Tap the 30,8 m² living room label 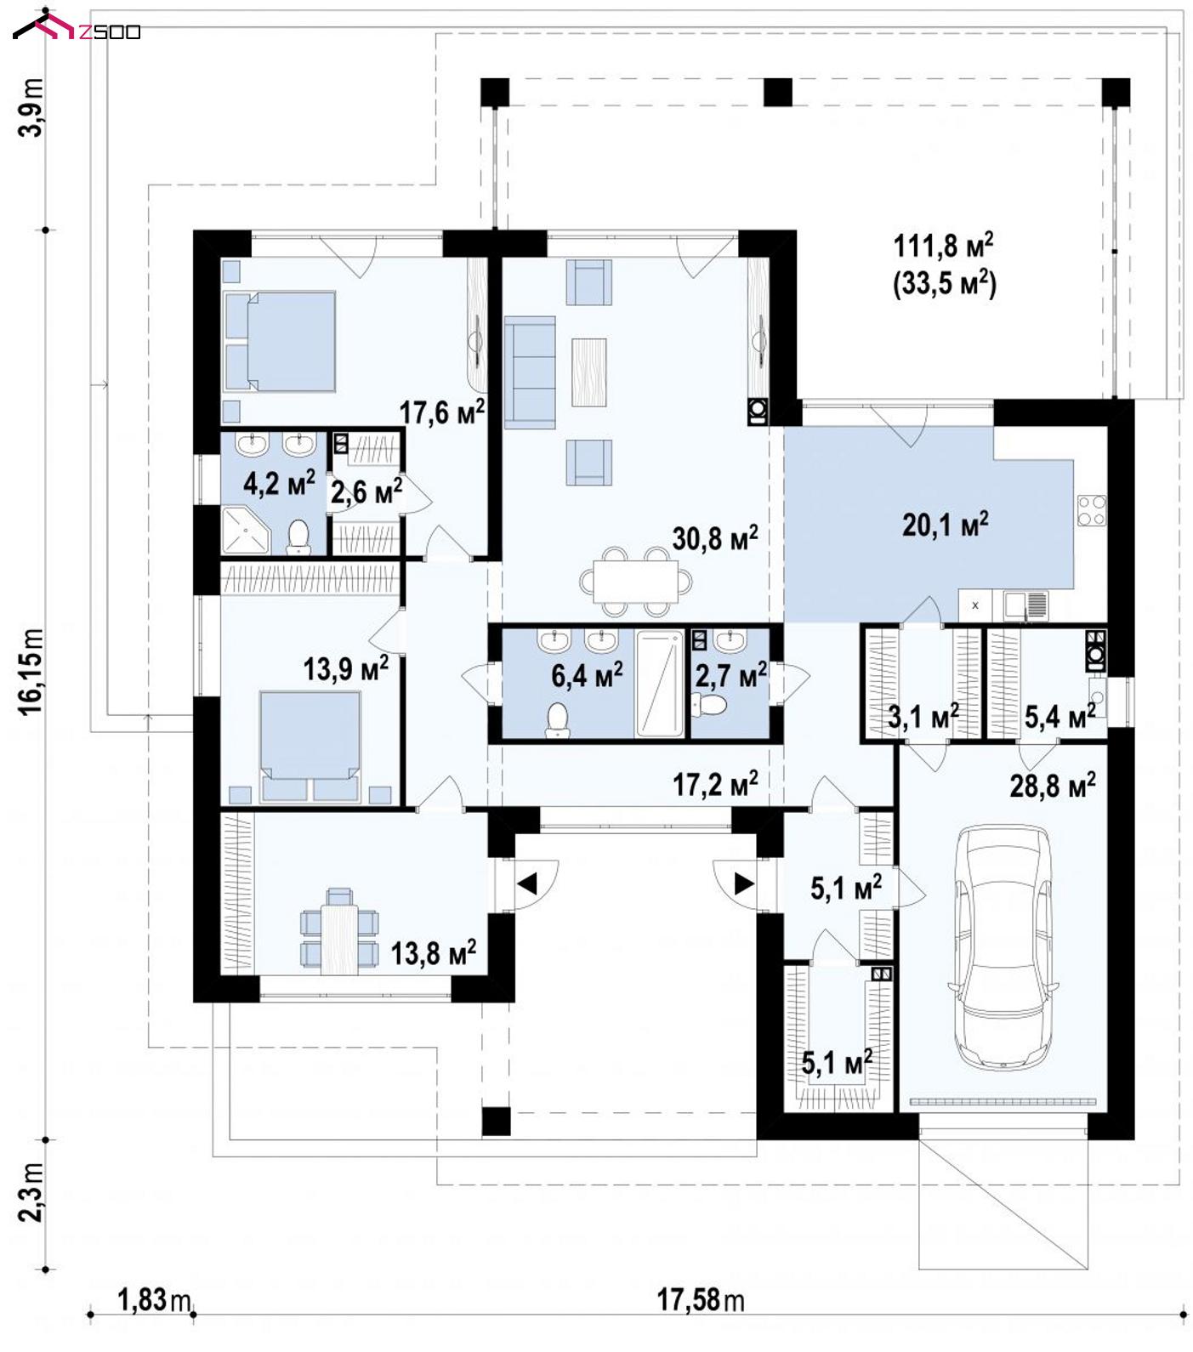(x=714, y=537)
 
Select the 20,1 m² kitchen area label (x=945, y=524)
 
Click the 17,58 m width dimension (x=700, y=1299)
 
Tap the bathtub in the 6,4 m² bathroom (x=660, y=682)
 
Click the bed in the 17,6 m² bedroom (x=279, y=341)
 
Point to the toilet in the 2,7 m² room (x=709, y=704)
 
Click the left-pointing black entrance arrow (x=527, y=884)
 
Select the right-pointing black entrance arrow (x=744, y=883)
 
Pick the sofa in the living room (x=529, y=372)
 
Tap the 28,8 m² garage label (x=1053, y=785)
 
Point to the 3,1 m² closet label (x=923, y=717)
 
